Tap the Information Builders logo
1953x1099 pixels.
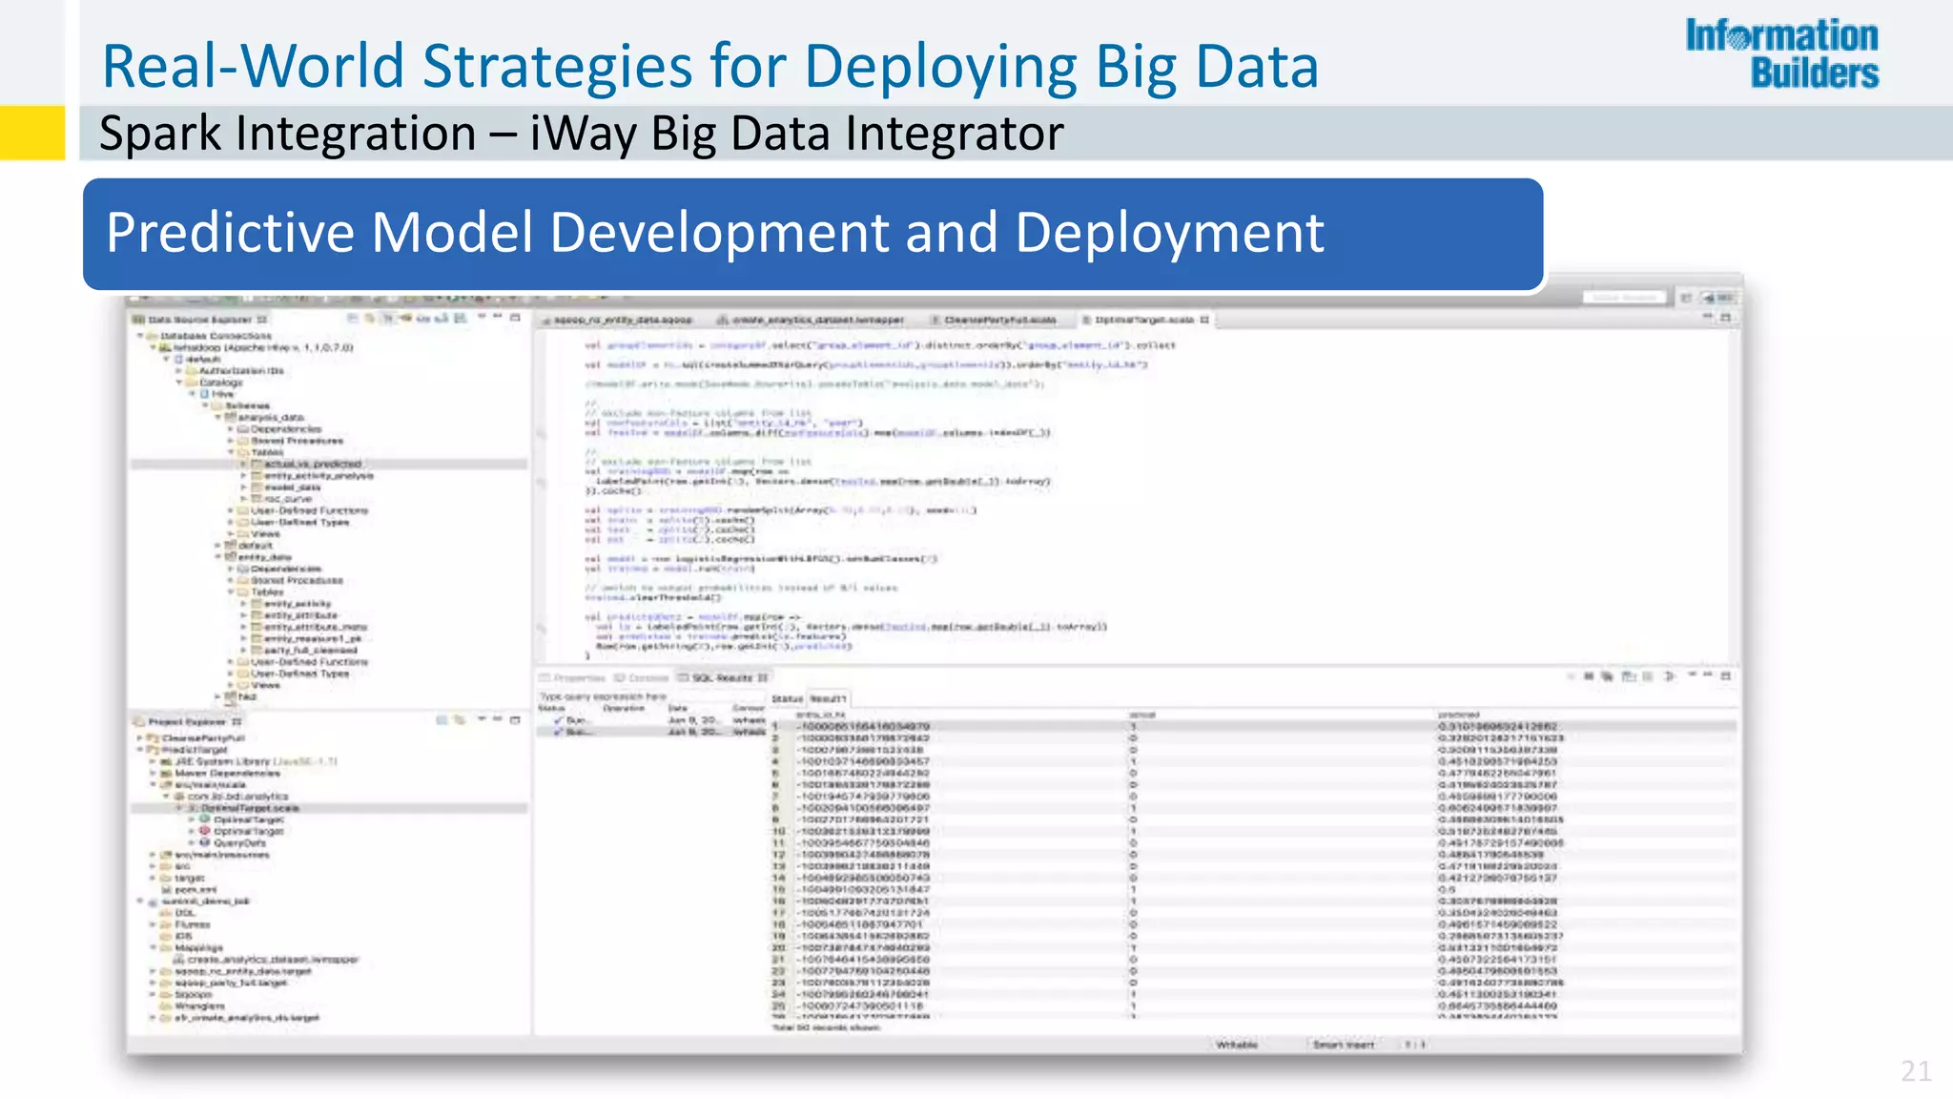[1781, 54]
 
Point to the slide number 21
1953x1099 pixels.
[1916, 1071]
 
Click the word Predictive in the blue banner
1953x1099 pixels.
[230, 233]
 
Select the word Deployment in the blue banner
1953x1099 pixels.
[1169, 233]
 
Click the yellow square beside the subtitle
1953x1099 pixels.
[32, 133]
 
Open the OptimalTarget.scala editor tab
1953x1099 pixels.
[1143, 320]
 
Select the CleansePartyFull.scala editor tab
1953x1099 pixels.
[999, 320]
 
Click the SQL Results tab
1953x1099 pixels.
[722, 677]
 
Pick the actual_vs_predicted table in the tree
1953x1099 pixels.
[312, 464]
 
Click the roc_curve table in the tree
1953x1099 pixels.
[287, 499]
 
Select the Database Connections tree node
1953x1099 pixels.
[216, 336]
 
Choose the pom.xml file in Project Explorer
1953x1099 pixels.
[195, 889]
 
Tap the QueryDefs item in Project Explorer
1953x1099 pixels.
[239, 843]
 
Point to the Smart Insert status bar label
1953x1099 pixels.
[1343, 1045]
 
